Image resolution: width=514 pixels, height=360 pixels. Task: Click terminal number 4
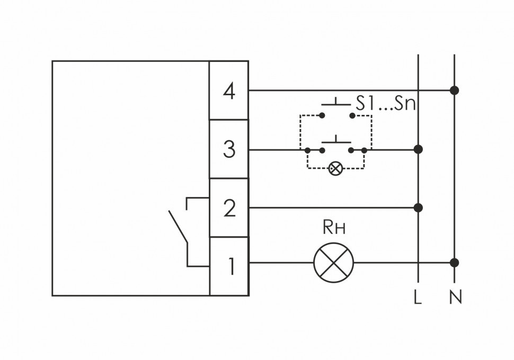[x=229, y=92]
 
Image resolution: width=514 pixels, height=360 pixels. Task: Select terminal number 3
[x=229, y=150]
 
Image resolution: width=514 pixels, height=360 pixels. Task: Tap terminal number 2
[x=229, y=208]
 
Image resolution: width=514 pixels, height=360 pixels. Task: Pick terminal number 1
[x=230, y=266]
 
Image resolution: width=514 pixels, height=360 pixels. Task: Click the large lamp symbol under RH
[x=333, y=263]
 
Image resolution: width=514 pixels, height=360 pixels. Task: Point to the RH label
[x=334, y=228]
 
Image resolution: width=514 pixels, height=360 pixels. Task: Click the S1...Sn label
[x=385, y=103]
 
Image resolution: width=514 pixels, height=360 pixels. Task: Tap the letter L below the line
[x=418, y=298]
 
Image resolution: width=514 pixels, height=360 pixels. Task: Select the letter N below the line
[x=455, y=298]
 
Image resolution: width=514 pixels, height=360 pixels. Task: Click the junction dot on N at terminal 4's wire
[x=454, y=91]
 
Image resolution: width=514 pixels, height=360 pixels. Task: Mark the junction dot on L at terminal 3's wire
[x=419, y=150]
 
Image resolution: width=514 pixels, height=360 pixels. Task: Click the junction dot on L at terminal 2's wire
[x=419, y=207]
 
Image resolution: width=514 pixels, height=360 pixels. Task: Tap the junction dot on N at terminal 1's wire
[x=454, y=263]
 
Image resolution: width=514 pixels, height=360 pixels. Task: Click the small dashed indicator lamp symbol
[x=335, y=169]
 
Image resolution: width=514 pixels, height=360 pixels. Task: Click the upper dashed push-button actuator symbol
[x=336, y=102]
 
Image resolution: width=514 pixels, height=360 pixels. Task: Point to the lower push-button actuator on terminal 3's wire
[x=336, y=139]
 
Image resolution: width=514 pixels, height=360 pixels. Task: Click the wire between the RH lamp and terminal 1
[x=281, y=263]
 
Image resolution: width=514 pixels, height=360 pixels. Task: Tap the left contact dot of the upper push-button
[x=321, y=115]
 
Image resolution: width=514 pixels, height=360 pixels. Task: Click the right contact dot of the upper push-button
[x=352, y=115]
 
